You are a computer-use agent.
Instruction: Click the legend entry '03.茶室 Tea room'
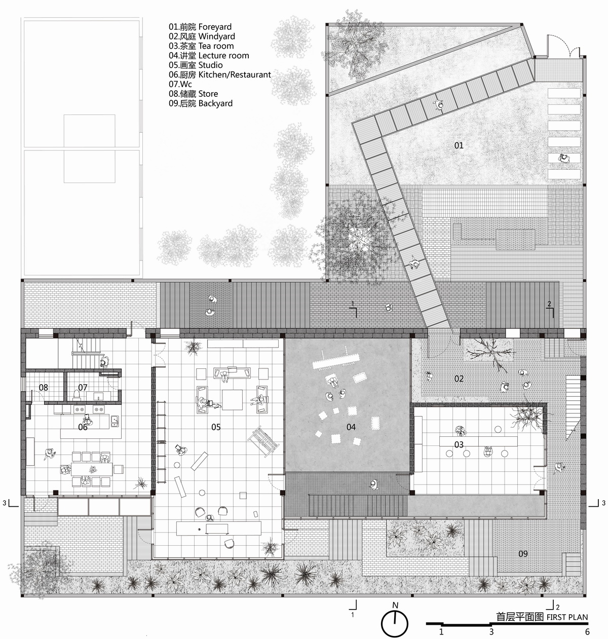202,46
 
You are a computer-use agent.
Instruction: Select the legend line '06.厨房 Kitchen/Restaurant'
220,74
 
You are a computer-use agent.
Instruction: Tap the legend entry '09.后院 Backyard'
201,103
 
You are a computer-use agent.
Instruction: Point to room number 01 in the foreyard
459,145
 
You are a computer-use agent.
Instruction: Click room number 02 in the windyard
459,379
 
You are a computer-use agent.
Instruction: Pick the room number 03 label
459,445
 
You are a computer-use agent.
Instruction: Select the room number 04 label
351,427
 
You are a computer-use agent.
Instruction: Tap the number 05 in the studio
216,427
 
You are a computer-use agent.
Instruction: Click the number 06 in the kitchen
83,427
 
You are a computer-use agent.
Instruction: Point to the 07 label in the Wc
83,388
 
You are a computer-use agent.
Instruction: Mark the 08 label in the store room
44,388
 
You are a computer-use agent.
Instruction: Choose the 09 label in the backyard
523,554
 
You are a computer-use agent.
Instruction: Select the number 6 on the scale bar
587,632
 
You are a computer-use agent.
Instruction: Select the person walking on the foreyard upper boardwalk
439,105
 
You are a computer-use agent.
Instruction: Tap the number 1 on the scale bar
441,632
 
